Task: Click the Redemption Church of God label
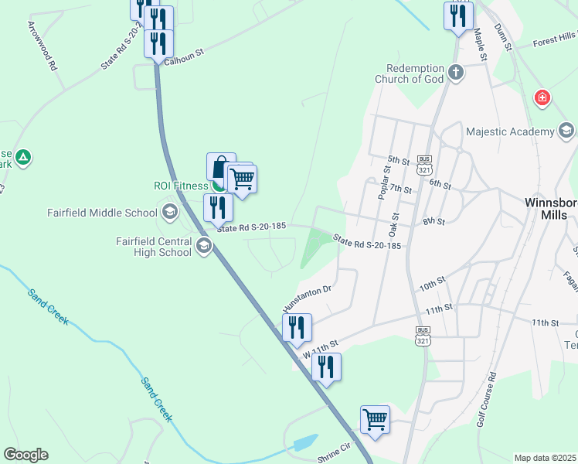point(410,73)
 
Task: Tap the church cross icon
point(457,73)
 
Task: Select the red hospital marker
point(543,97)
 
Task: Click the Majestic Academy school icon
point(566,131)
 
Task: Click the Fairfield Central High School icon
point(204,247)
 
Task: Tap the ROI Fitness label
point(179,186)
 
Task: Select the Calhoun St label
point(184,53)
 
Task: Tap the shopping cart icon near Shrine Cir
point(375,420)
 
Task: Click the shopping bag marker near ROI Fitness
point(221,167)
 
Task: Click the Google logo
point(25,455)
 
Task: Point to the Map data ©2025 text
point(545,458)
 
